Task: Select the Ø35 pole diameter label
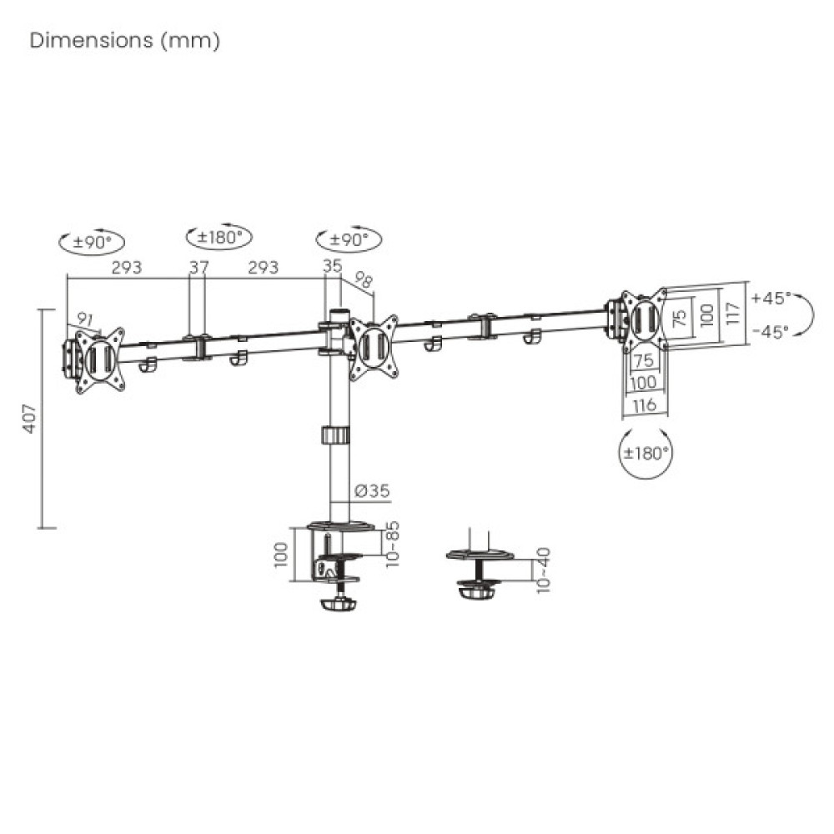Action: [x=371, y=491]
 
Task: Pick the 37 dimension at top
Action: [x=198, y=268]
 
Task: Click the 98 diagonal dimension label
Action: [x=364, y=279]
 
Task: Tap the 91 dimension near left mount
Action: [x=85, y=319]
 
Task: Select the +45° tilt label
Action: [x=770, y=298]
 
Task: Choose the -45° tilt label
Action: [x=770, y=331]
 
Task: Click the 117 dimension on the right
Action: [x=732, y=313]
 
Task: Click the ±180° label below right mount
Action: [x=646, y=454]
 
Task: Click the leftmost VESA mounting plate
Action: [x=99, y=359]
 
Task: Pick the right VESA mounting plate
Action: [x=645, y=320]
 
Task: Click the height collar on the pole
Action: [x=336, y=436]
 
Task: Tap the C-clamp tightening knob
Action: [x=337, y=602]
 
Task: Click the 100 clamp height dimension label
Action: [x=280, y=552]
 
